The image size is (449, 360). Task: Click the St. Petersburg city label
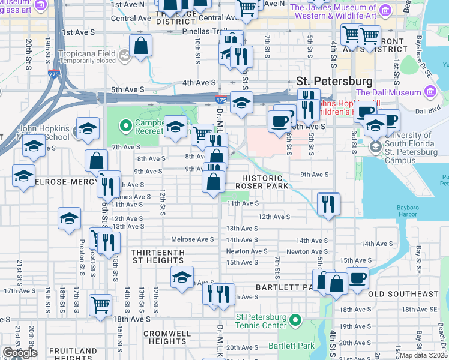[334, 80]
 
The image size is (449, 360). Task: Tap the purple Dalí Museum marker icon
[430, 92]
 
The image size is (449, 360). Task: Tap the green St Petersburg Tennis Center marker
[295, 321]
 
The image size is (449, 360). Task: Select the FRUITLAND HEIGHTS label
[73, 354]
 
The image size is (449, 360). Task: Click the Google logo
[19, 353]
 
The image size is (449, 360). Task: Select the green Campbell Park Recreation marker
[125, 126]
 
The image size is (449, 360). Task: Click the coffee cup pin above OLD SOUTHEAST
[358, 279]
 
